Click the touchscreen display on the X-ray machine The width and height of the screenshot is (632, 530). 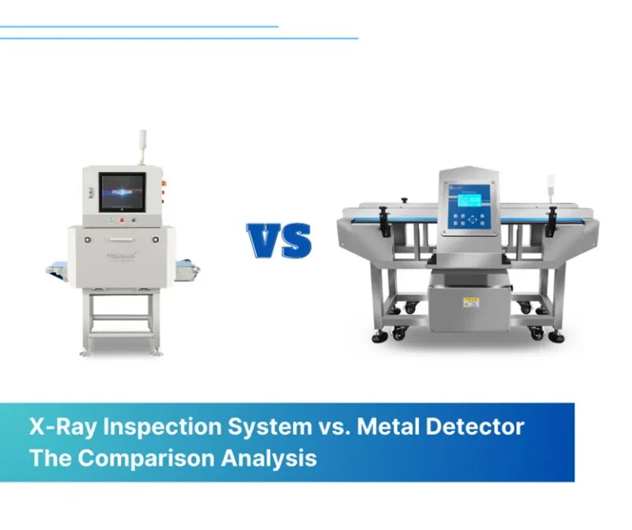[122, 192]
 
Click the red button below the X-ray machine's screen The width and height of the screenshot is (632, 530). [123, 220]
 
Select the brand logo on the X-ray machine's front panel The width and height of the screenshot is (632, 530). [120, 256]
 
